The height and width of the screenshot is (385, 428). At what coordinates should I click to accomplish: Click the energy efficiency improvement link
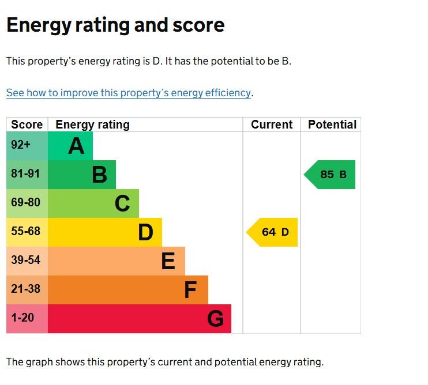point(129,93)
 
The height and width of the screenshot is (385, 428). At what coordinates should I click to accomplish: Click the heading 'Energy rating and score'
point(115,25)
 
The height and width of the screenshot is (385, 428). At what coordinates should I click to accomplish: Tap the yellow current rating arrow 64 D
point(273,232)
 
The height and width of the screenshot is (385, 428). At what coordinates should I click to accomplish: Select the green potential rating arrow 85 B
point(331,175)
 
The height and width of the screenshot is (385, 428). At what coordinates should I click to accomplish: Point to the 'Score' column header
point(27,124)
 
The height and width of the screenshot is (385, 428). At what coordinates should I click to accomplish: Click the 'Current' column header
point(272,124)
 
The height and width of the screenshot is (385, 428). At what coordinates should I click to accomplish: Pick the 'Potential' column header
point(332,124)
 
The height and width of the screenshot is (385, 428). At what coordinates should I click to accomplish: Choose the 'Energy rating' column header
point(92,124)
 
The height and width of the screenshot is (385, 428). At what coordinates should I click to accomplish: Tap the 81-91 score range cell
point(27,174)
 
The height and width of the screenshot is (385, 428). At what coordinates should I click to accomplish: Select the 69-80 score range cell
point(27,203)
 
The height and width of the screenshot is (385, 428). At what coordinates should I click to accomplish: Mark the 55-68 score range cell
point(27,232)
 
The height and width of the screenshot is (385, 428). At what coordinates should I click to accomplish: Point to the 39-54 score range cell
point(27,261)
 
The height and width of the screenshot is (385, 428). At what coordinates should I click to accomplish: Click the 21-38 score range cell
point(27,289)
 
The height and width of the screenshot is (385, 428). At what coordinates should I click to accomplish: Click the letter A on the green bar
point(76,146)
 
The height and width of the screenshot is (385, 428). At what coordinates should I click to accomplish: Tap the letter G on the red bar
point(215,319)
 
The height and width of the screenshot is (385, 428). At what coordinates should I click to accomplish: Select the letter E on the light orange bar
point(168,262)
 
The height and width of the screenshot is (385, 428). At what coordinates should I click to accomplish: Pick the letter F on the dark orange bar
point(190,290)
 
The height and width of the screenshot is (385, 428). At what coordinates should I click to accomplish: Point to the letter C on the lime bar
point(122,203)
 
